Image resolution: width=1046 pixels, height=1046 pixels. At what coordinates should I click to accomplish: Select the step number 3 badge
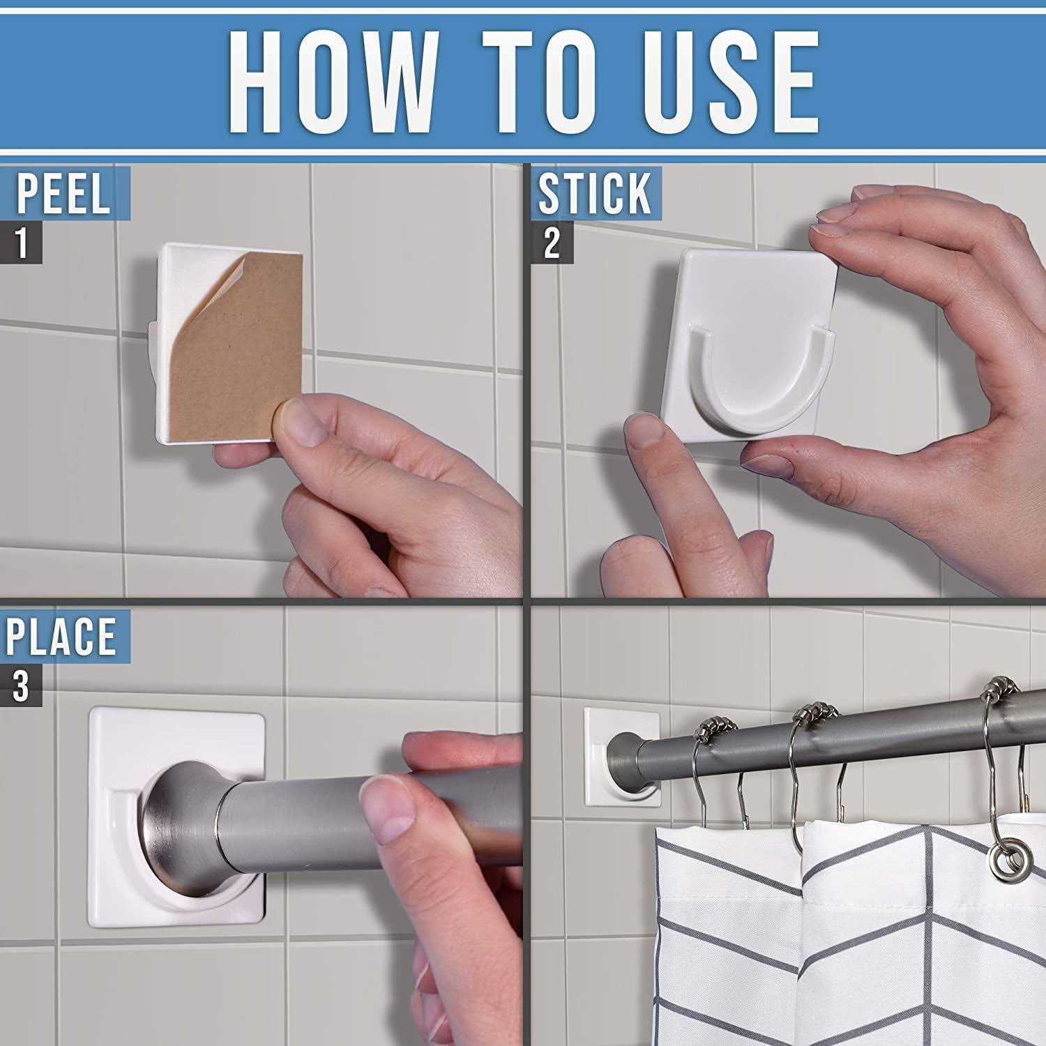coord(21,685)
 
